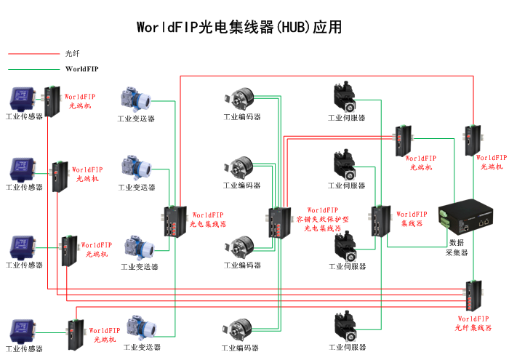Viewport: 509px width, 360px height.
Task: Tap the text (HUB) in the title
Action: click(294, 28)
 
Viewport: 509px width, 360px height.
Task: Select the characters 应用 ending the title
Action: click(328, 28)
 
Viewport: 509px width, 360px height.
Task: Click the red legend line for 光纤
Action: click(33, 53)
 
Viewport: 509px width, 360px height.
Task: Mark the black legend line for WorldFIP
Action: click(33, 69)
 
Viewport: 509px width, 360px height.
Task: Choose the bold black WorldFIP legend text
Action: click(81, 69)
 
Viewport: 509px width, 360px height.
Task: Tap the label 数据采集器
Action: click(457, 247)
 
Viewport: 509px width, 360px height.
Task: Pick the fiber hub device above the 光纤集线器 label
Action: click(473, 294)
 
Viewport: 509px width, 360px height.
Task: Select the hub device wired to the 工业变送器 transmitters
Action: click(174, 222)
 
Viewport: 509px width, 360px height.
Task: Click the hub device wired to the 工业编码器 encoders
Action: click(279, 223)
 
